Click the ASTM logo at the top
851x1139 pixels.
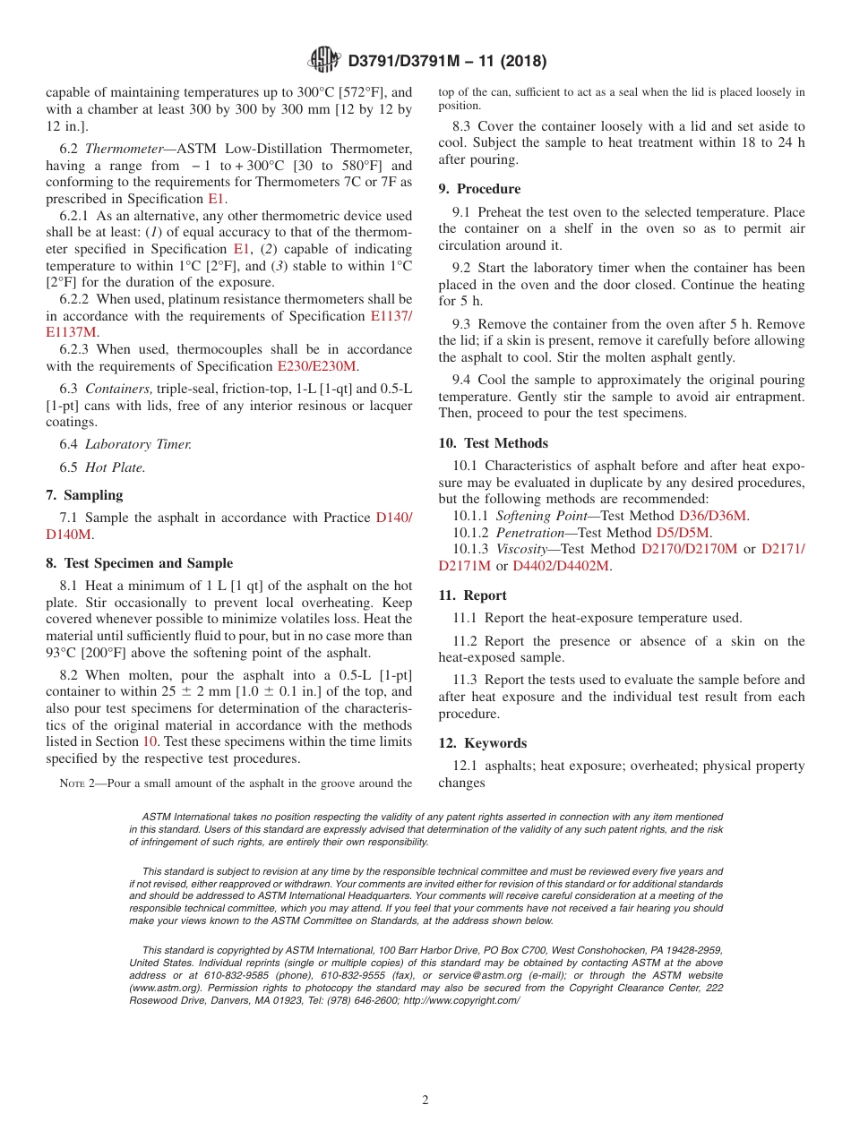(x=324, y=60)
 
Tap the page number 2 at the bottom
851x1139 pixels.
(x=425, y=1100)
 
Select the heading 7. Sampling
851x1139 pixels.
(x=84, y=495)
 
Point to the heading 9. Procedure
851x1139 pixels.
(x=479, y=189)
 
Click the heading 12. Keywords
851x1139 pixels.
(x=482, y=743)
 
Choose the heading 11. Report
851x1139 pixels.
(x=472, y=595)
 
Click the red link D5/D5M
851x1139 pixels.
(x=683, y=532)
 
